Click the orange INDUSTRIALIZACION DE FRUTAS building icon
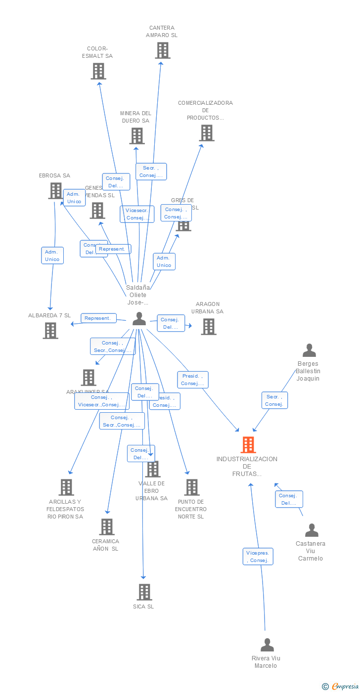pyautogui.click(x=248, y=445)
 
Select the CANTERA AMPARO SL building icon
pyautogui.click(x=162, y=50)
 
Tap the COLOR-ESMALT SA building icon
pyautogui.click(x=98, y=71)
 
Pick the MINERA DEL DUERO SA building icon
pyautogui.click(x=136, y=136)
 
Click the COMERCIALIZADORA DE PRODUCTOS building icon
pyautogui.click(x=207, y=133)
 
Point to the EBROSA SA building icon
pyautogui.click(x=55, y=191)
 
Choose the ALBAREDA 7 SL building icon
pyautogui.click(x=50, y=331)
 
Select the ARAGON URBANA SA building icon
pyautogui.click(x=208, y=327)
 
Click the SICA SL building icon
pyautogui.click(x=144, y=592)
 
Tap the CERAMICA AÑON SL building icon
pyautogui.click(x=107, y=527)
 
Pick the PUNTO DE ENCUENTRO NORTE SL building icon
pyautogui.click(x=192, y=487)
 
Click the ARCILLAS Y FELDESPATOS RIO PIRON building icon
pyautogui.click(x=66, y=487)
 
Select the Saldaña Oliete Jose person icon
pyautogui.click(x=139, y=319)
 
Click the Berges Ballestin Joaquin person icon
pyautogui.click(x=309, y=351)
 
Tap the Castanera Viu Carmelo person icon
pyautogui.click(x=312, y=530)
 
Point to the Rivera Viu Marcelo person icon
pyautogui.click(x=267, y=645)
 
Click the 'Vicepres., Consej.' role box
pyautogui.click(x=258, y=557)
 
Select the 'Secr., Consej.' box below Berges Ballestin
pyautogui.click(x=274, y=400)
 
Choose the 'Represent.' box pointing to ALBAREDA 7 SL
pyautogui.click(x=99, y=318)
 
